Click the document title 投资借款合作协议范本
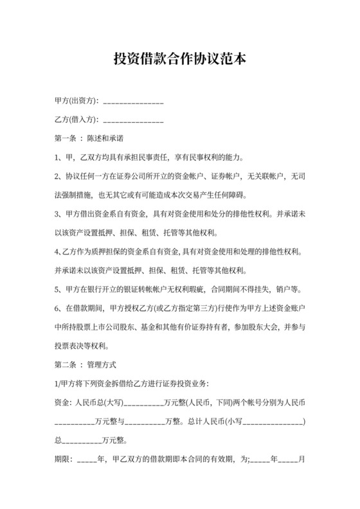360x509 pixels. (x=179, y=59)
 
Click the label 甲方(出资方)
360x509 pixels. (x=76, y=102)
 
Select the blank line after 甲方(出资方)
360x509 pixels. (x=133, y=103)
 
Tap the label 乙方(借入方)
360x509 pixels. (x=76, y=120)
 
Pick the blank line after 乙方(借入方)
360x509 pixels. (x=133, y=121)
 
